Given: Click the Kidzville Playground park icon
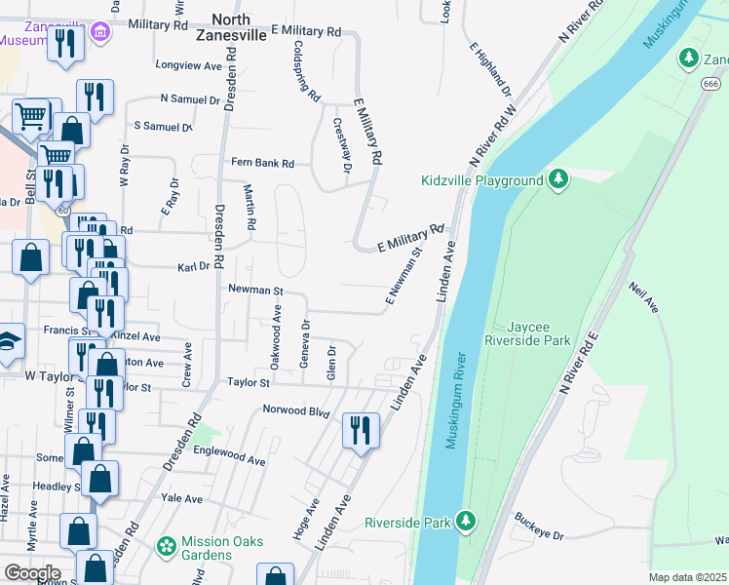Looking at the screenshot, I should click(558, 180).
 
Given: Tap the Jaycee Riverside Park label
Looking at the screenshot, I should click(527, 334).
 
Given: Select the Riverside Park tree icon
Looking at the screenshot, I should click(467, 522).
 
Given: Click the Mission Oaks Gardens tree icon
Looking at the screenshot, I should click(168, 548).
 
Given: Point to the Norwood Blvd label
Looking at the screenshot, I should click(297, 410).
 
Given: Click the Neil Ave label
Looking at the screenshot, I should click(645, 298).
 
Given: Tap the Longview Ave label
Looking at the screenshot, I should click(189, 66).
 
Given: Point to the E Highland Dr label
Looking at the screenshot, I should click(490, 67).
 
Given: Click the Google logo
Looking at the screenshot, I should click(32, 572).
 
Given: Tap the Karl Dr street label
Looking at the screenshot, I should click(194, 266).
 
